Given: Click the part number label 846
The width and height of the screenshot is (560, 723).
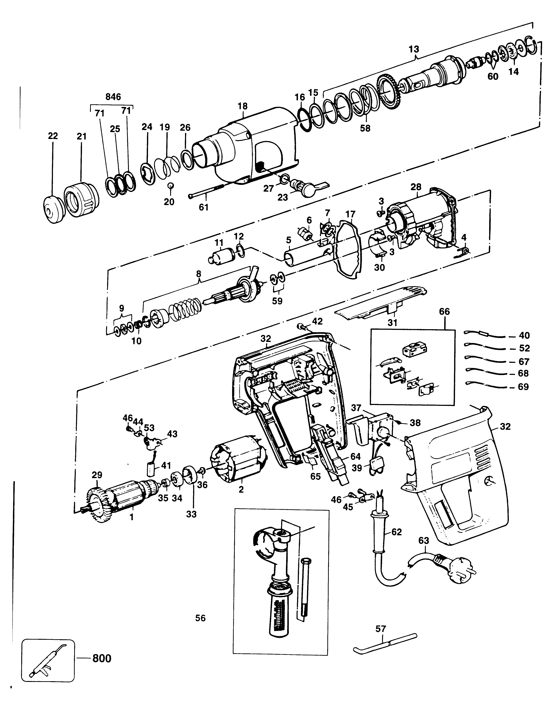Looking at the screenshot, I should click(x=113, y=97).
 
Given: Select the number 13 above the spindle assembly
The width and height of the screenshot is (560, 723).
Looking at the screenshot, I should click(x=414, y=49).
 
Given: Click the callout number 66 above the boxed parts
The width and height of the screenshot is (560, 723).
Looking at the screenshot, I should click(x=445, y=311).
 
